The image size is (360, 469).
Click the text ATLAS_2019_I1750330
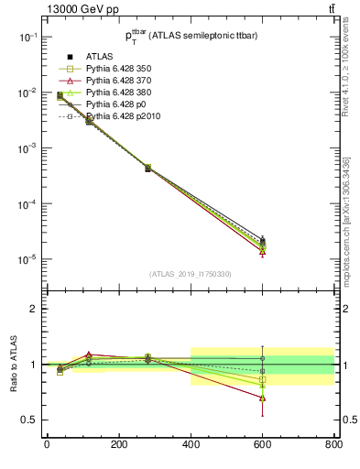(x=190, y=274)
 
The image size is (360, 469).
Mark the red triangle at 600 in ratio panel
(x=262, y=398)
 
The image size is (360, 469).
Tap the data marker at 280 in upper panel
(x=147, y=168)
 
